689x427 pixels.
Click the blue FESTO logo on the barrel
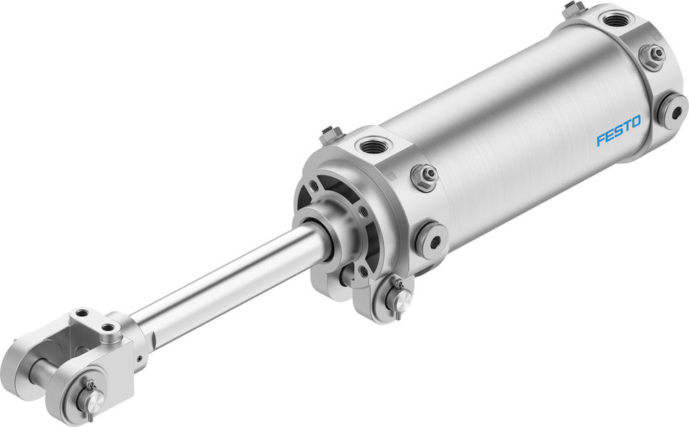tap(618, 130)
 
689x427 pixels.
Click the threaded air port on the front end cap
tap(372, 145)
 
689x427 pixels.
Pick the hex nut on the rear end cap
tap(651, 54)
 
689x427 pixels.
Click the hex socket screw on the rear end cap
tap(672, 111)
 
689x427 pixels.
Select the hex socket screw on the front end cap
tap(431, 240)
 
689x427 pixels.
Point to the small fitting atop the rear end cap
tap(571, 9)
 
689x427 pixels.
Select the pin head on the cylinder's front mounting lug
tap(398, 298)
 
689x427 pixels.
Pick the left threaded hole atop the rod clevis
tap(83, 313)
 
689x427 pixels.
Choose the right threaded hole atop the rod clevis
tap(108, 329)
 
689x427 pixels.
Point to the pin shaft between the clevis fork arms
tap(41, 372)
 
